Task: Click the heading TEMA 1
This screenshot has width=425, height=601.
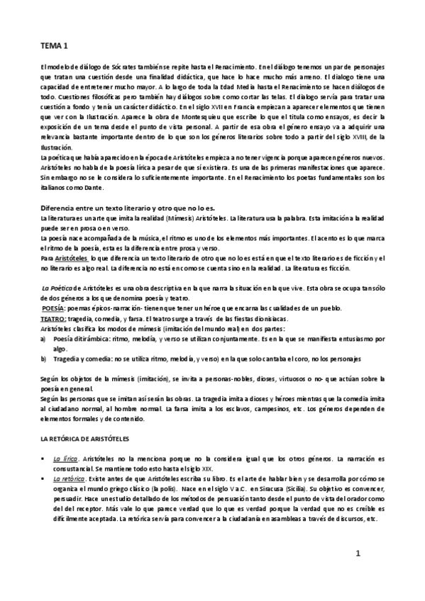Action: [x=54, y=46]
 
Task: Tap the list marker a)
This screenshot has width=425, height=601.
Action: [x=44, y=339]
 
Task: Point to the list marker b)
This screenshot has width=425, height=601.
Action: [x=44, y=359]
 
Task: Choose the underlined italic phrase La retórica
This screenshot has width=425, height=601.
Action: [x=69, y=480]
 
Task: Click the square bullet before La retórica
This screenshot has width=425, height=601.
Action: [x=44, y=480]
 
